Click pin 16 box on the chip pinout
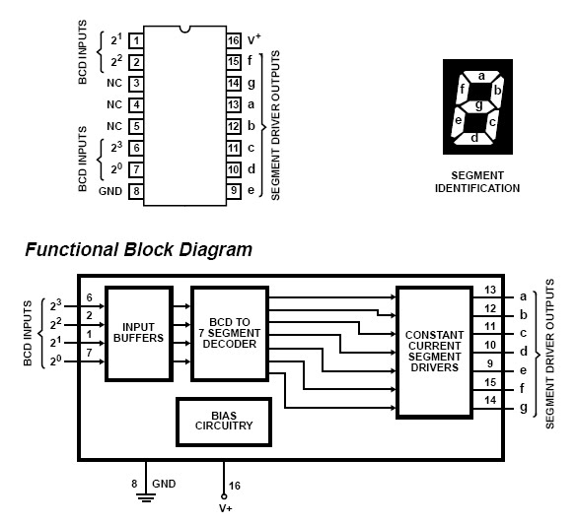pyautogui.click(x=233, y=40)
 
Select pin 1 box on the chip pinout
pyautogui.click(x=135, y=40)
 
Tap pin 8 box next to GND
pyautogui.click(x=135, y=191)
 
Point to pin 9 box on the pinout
pyautogui.click(x=233, y=191)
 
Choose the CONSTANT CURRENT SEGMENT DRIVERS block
pyautogui.click(x=434, y=352)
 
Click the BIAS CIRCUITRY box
pyautogui.click(x=225, y=420)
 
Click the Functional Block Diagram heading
pyautogui.click(x=138, y=249)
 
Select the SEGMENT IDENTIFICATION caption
pyautogui.click(x=476, y=181)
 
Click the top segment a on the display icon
pyautogui.click(x=480, y=75)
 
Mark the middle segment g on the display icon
pyautogui.click(x=478, y=105)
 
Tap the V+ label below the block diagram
pyautogui.click(x=225, y=510)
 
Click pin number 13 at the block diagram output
pyautogui.click(x=490, y=291)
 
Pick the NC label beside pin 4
pyautogui.click(x=114, y=103)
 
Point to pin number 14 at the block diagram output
pyautogui.click(x=490, y=399)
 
